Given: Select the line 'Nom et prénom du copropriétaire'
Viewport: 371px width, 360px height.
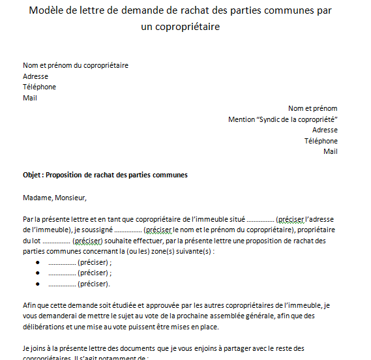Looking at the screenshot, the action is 76,65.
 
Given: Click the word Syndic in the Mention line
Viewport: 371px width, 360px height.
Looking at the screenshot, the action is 271,119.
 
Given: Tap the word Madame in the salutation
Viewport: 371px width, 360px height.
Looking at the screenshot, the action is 37,198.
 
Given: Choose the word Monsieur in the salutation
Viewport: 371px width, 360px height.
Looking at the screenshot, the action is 70,198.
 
